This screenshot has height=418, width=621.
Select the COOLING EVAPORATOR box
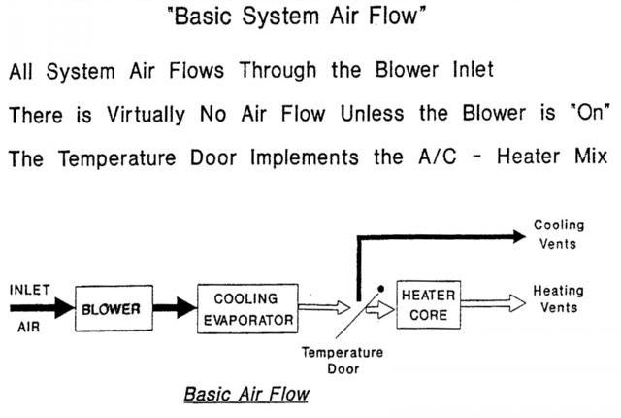click(x=245, y=310)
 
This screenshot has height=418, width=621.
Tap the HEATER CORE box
click(x=428, y=304)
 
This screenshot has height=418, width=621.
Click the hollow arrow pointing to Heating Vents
click(x=491, y=304)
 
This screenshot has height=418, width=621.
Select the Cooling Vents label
click(x=559, y=234)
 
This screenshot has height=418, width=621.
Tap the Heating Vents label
click(x=558, y=298)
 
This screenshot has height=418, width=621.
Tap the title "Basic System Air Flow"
click(x=310, y=18)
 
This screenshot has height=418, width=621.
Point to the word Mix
click(x=589, y=157)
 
